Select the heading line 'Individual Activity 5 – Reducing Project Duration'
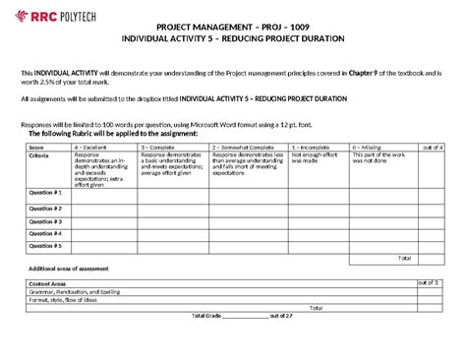click(232, 38)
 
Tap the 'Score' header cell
click(38, 147)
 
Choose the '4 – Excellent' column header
click(90, 147)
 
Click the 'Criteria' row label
click(42, 155)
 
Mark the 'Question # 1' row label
click(45, 194)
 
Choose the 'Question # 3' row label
click(45, 220)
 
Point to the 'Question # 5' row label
click(45, 246)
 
